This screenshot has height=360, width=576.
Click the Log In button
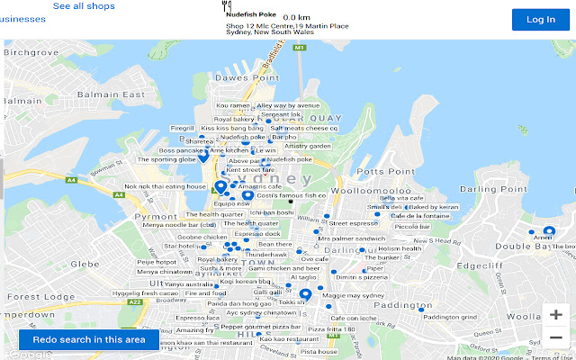point(541,20)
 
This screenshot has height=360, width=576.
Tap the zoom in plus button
point(556,315)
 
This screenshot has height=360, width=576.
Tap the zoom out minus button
point(556,338)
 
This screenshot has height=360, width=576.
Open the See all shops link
point(84,6)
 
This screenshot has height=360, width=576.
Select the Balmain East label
point(112,94)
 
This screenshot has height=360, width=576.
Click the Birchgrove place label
point(32,52)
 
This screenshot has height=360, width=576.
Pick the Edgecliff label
point(481,265)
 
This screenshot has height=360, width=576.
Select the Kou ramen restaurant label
point(232,105)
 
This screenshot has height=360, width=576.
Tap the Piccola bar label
point(412,227)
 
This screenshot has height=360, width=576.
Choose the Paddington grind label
point(449,317)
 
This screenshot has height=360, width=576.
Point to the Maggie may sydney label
point(353,295)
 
